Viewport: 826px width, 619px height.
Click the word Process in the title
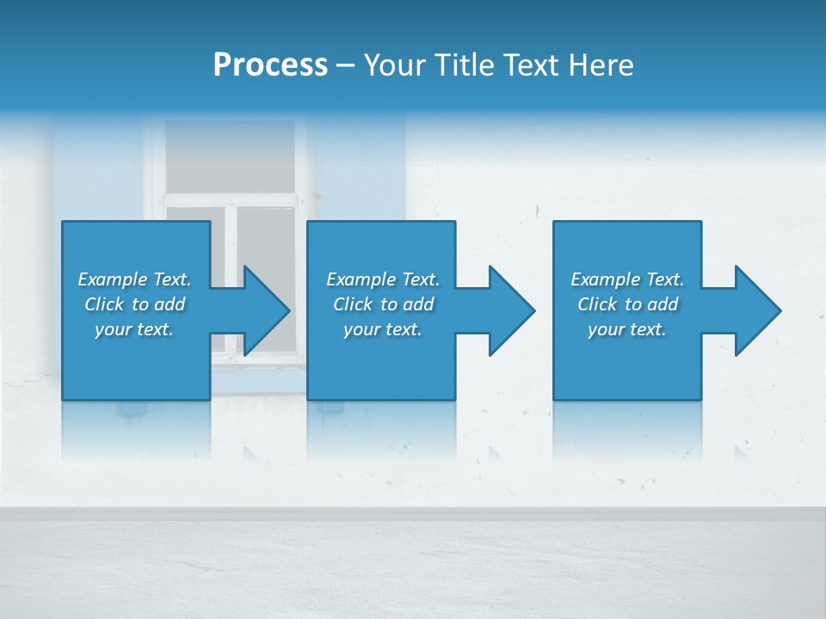pyautogui.click(x=270, y=65)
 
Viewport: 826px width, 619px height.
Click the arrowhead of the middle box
pyautogui.click(x=510, y=310)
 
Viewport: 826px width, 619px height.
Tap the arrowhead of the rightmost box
pyautogui.click(x=756, y=310)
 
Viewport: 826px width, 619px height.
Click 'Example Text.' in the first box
pyautogui.click(x=134, y=279)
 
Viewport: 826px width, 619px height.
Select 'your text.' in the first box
pyautogui.click(x=134, y=329)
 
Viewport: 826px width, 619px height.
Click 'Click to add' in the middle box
pyautogui.click(x=383, y=304)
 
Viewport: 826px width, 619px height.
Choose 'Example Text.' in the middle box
pyautogui.click(x=383, y=279)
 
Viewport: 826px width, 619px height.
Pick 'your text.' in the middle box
pyautogui.click(x=383, y=329)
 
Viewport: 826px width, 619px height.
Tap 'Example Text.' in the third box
pyautogui.click(x=627, y=279)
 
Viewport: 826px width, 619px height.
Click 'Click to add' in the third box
pyautogui.click(x=627, y=304)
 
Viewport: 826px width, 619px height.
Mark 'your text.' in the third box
pyautogui.click(x=627, y=329)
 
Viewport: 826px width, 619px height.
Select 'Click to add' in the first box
pyautogui.click(x=134, y=304)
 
